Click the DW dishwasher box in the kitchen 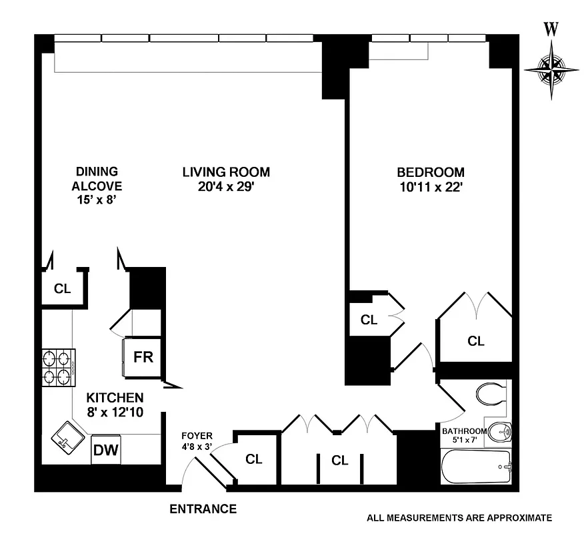click(x=106, y=450)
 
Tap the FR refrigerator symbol click(x=143, y=357)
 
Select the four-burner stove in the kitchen click(x=59, y=369)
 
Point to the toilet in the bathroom click(x=492, y=394)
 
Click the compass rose click(x=551, y=68)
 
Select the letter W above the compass click(x=551, y=29)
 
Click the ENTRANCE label click(x=203, y=509)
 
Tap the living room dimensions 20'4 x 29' click(x=226, y=188)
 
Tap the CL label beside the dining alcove click(x=62, y=289)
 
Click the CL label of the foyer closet click(x=253, y=459)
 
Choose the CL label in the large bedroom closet click(x=475, y=341)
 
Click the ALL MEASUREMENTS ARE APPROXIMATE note click(x=459, y=517)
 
